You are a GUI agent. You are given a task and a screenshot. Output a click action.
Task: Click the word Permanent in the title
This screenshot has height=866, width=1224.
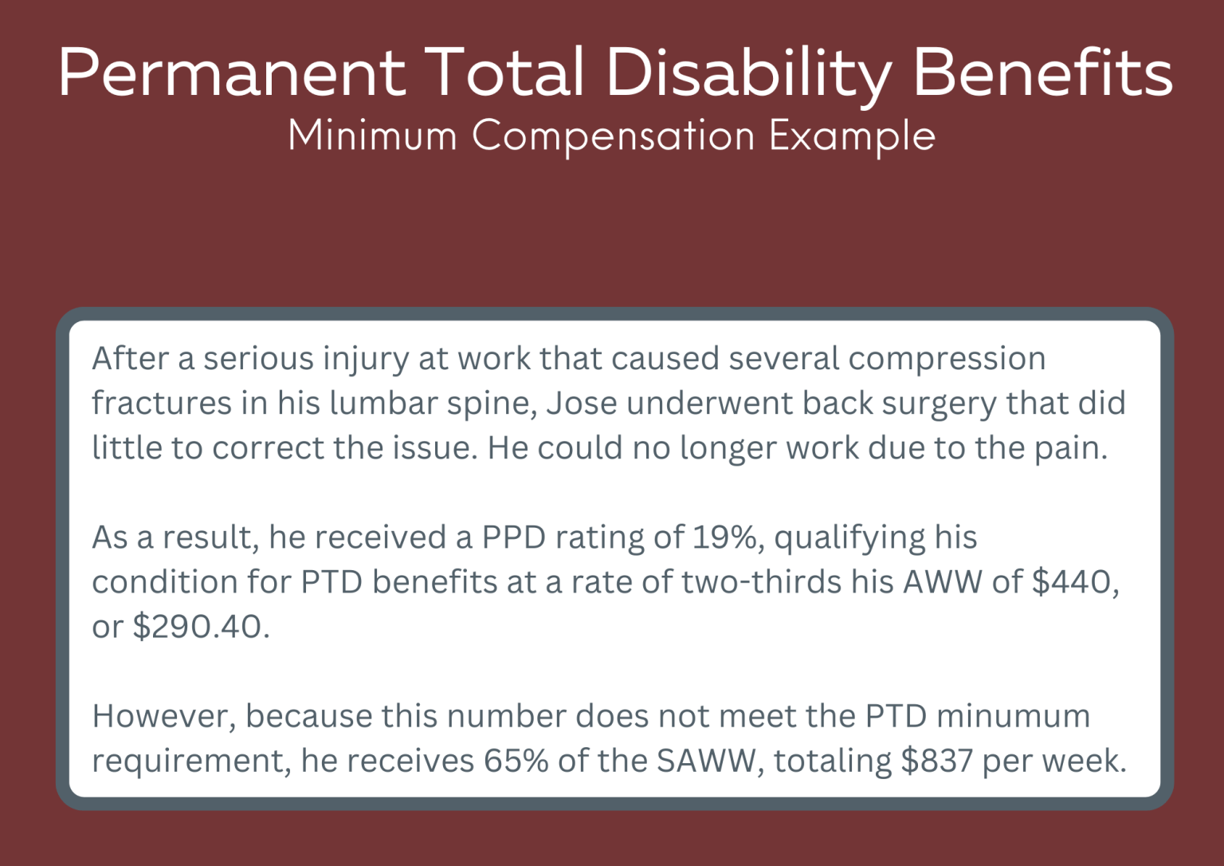(x=232, y=73)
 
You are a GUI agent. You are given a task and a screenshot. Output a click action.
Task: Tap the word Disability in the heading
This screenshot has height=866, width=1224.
(x=748, y=73)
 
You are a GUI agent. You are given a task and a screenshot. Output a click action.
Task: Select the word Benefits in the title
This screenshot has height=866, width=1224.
(x=1042, y=73)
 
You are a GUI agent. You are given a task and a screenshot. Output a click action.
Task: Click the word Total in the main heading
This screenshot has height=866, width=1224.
(x=504, y=73)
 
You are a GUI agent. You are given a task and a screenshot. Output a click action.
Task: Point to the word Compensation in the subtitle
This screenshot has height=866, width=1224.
(x=613, y=137)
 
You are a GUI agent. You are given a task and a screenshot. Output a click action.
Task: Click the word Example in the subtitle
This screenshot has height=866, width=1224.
(x=852, y=137)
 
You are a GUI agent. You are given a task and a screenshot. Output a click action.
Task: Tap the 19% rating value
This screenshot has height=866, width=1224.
(x=724, y=537)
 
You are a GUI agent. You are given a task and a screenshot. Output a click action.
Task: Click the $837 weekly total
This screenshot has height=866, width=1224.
(x=936, y=761)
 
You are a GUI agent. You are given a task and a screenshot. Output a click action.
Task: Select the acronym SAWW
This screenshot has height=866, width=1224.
(x=705, y=761)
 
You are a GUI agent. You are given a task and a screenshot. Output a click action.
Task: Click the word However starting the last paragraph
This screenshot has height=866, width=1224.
(x=163, y=716)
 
